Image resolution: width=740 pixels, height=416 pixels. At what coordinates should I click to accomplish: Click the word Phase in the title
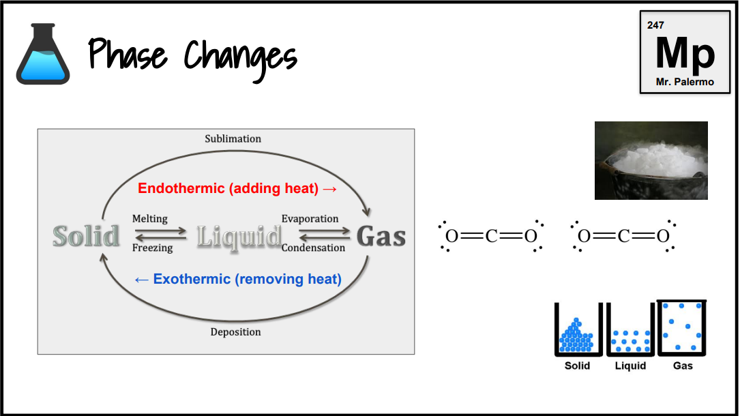(128, 55)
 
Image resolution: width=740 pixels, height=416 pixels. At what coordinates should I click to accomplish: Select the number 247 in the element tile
(655, 25)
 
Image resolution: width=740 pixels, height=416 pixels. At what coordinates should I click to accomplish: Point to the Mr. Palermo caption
(685, 82)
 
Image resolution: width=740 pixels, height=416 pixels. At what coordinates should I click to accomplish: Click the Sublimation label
(233, 138)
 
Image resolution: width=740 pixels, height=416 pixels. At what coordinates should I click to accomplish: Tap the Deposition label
(235, 332)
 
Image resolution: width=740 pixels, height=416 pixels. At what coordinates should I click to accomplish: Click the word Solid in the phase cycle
(87, 236)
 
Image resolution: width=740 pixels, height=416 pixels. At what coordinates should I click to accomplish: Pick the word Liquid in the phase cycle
(239, 237)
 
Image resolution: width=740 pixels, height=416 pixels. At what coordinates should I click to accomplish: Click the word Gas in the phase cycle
(381, 237)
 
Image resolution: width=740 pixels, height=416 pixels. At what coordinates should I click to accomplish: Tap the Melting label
(149, 219)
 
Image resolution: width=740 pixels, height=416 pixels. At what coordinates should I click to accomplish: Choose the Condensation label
(313, 248)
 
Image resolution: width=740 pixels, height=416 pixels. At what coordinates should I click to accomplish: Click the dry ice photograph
(651, 160)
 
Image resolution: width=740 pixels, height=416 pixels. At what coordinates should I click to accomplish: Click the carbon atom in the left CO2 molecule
(492, 237)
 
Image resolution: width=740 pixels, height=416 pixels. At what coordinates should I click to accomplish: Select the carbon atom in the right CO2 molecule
(623, 237)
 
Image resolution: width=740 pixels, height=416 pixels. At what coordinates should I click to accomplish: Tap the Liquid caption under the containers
(630, 366)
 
